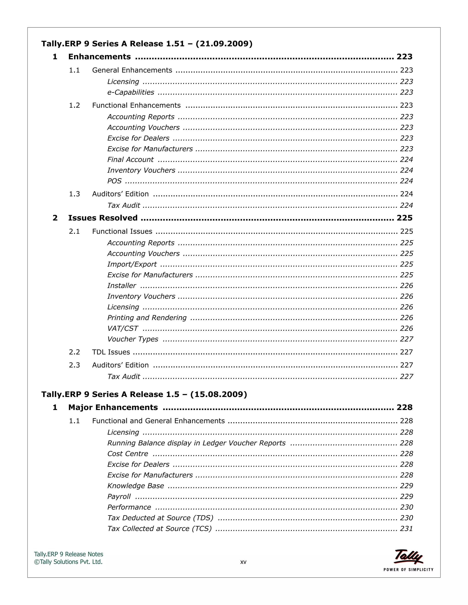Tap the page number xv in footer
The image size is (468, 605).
243,562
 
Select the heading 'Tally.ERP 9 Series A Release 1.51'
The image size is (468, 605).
147,44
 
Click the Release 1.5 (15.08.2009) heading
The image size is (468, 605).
144,394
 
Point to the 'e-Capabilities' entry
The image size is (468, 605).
130,92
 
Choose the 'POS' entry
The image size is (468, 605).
114,181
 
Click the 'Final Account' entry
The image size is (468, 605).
130,160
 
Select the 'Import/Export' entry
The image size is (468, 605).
132,264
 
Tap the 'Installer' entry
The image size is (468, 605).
122,286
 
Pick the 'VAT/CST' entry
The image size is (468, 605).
122,328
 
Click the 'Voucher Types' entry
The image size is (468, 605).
133,339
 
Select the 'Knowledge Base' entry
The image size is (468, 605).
136,486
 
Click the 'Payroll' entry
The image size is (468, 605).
119,496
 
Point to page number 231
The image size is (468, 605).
406,529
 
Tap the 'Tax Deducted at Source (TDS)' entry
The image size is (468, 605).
160,518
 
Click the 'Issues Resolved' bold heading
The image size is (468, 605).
103,218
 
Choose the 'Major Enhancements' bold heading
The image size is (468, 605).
113,408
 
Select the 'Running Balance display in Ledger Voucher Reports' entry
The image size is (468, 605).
196,443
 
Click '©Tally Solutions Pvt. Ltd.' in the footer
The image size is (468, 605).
68,562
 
